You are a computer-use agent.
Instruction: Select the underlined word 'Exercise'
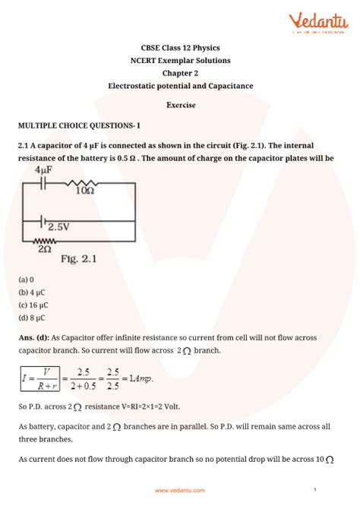click(179, 103)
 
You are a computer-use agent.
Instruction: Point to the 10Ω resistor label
click(84, 191)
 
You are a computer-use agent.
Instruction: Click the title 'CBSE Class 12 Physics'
click(179, 46)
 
